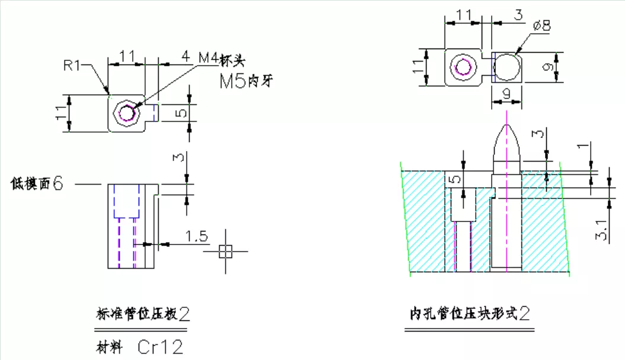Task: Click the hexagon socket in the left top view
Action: coord(127,112)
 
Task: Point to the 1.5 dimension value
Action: coord(196,237)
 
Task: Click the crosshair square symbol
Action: coord(225,251)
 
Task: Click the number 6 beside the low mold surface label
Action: coord(58,184)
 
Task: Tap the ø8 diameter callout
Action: coord(541,25)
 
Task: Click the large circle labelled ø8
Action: coord(507,67)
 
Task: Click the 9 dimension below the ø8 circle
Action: coord(507,94)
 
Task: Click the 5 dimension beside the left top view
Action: coord(182,112)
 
